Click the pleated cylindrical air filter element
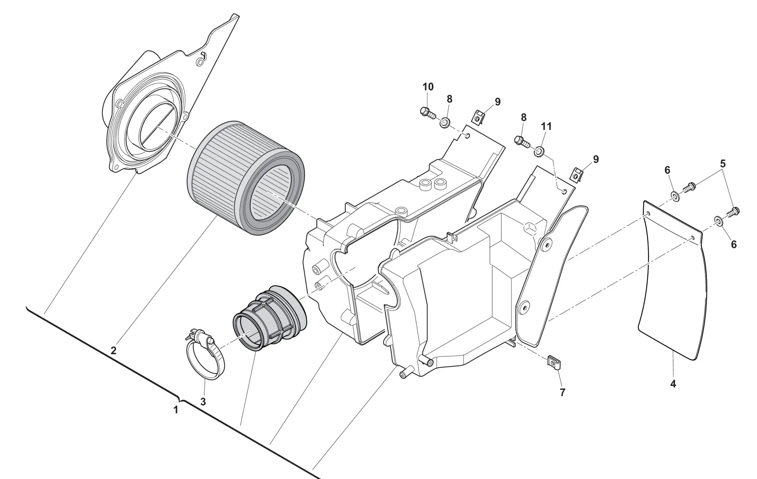(x=246, y=178)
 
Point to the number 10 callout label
(x=428, y=87)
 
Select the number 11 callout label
(x=546, y=126)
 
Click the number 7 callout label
(x=562, y=393)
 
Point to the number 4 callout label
(x=673, y=384)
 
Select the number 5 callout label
(x=723, y=164)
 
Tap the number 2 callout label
(x=114, y=351)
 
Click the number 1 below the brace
(x=176, y=410)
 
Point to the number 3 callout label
(x=203, y=402)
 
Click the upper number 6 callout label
(x=667, y=170)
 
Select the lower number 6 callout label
(x=734, y=245)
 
